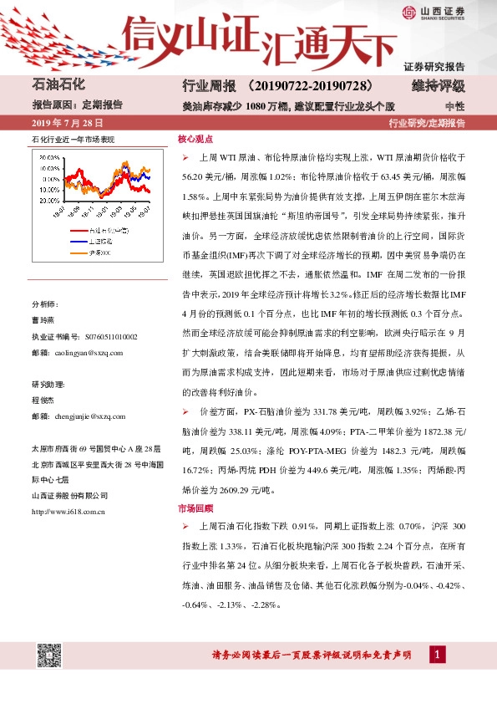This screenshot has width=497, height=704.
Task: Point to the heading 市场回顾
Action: tap(195, 508)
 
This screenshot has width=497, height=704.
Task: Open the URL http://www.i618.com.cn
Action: tap(67, 510)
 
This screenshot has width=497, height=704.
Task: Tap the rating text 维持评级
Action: tap(438, 86)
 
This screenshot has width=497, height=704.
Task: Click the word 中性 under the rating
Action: tap(454, 106)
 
